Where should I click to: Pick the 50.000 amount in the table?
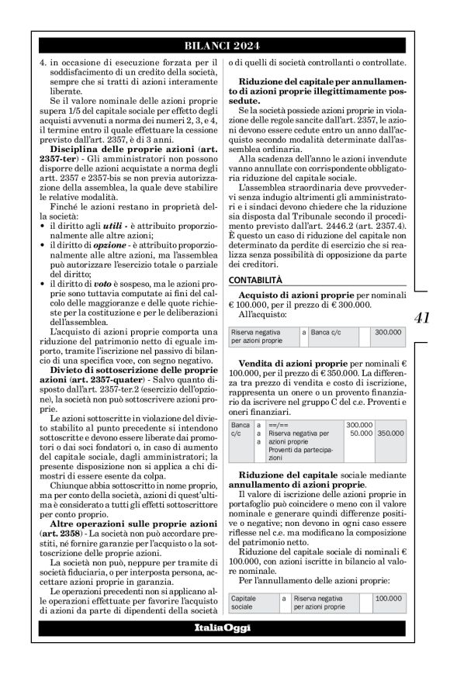[x=359, y=434]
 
